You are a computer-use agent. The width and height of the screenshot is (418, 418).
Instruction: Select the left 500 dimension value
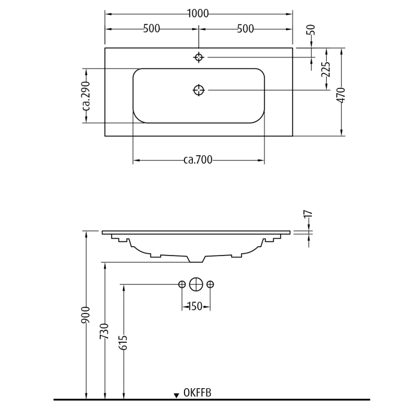pos(152,29)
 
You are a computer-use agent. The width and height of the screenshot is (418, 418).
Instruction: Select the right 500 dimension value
pos(245,29)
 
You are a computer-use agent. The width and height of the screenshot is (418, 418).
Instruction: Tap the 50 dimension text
pos(311,30)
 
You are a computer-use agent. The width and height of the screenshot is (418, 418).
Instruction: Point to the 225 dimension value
pos(326,70)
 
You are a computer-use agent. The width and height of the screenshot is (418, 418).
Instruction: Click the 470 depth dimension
pos(341,96)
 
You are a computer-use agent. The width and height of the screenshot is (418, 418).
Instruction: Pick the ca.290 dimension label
pos(86,96)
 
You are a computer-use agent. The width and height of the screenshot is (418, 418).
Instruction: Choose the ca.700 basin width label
pos(198,160)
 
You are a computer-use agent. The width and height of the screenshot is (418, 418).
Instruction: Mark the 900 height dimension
pos(86,315)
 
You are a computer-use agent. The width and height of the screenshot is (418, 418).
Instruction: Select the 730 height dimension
pos(105,332)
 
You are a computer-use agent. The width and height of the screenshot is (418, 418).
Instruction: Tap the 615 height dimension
pos(123,342)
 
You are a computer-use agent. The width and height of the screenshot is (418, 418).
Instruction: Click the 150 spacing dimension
pos(195,307)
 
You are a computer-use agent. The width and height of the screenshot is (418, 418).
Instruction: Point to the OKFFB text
pos(198,392)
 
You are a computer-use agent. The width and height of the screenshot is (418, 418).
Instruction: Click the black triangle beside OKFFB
pos(176,395)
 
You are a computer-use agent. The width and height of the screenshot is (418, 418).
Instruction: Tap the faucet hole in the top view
pos(199,57)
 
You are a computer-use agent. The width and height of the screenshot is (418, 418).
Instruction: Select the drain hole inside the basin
pos(199,90)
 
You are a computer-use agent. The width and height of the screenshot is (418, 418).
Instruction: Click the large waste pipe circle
pos(196,284)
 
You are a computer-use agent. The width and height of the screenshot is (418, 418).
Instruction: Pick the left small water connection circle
pos(182,284)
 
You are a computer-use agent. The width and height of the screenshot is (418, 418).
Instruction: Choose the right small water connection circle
pos(210,284)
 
